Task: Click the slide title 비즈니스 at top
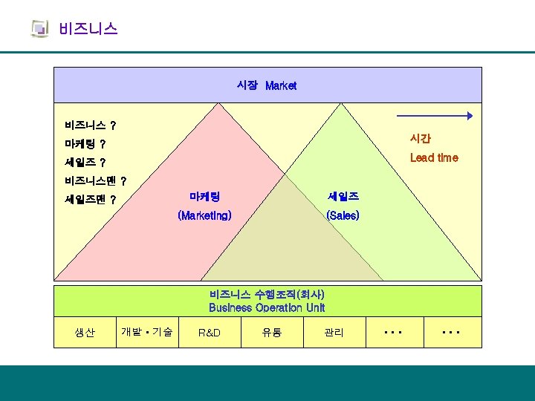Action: pyautogui.click(x=88, y=29)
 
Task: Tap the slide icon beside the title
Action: pyautogui.click(x=39, y=29)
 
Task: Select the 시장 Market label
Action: pyautogui.click(x=267, y=85)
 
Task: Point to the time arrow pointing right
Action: pyautogui.click(x=435, y=116)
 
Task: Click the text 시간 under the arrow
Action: pyautogui.click(x=420, y=138)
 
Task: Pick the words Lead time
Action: pyautogui.click(x=434, y=157)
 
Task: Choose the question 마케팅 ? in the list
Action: pyautogui.click(x=85, y=143)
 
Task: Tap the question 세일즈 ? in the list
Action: pyautogui.click(x=85, y=162)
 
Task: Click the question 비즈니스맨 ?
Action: pyautogui.click(x=95, y=180)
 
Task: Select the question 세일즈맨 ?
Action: pyautogui.click(x=90, y=199)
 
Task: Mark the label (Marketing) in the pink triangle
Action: pyautogui.click(x=204, y=215)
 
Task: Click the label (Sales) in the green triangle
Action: pyautogui.click(x=343, y=215)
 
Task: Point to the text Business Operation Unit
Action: pyautogui.click(x=267, y=307)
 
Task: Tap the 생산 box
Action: pyautogui.click(x=85, y=333)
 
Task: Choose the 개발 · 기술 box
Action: pyautogui.click(x=146, y=333)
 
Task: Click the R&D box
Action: pyautogui.click(x=210, y=333)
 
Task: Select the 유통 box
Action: pyautogui.click(x=271, y=333)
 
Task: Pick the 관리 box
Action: pyautogui.click(x=334, y=333)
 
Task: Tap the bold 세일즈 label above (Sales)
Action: pyautogui.click(x=343, y=197)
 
